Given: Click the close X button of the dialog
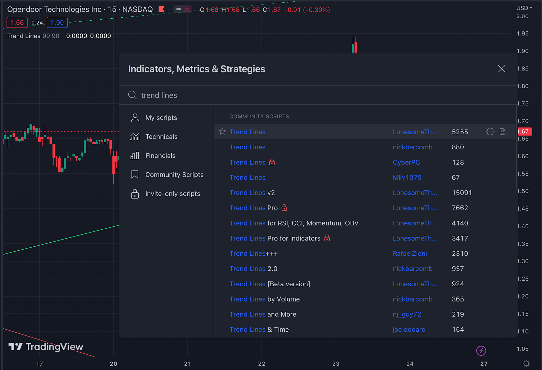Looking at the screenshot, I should [502, 69].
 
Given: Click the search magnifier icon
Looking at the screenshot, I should [132, 95].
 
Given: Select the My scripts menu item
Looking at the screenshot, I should [161, 118].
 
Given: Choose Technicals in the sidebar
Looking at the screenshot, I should [161, 137].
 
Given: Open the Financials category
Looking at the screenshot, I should [160, 156].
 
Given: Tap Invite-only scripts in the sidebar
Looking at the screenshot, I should [172, 194].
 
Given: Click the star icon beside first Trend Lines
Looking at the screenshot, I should [222, 131].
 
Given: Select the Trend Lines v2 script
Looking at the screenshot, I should [252, 193].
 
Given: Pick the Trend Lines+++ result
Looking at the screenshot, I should [253, 253].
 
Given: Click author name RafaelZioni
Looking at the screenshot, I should [410, 253].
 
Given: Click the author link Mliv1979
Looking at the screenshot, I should [407, 178].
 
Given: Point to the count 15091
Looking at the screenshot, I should [462, 193].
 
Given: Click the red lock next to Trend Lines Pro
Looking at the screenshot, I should [285, 208].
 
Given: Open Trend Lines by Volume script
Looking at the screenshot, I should [264, 299].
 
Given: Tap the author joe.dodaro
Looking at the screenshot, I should [409, 329].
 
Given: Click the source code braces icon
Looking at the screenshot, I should [490, 131].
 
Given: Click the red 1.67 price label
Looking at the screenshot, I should [524, 131].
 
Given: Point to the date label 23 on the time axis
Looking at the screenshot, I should [336, 364].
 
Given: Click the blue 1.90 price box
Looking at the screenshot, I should [57, 23].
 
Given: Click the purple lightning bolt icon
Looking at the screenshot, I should [481, 351].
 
